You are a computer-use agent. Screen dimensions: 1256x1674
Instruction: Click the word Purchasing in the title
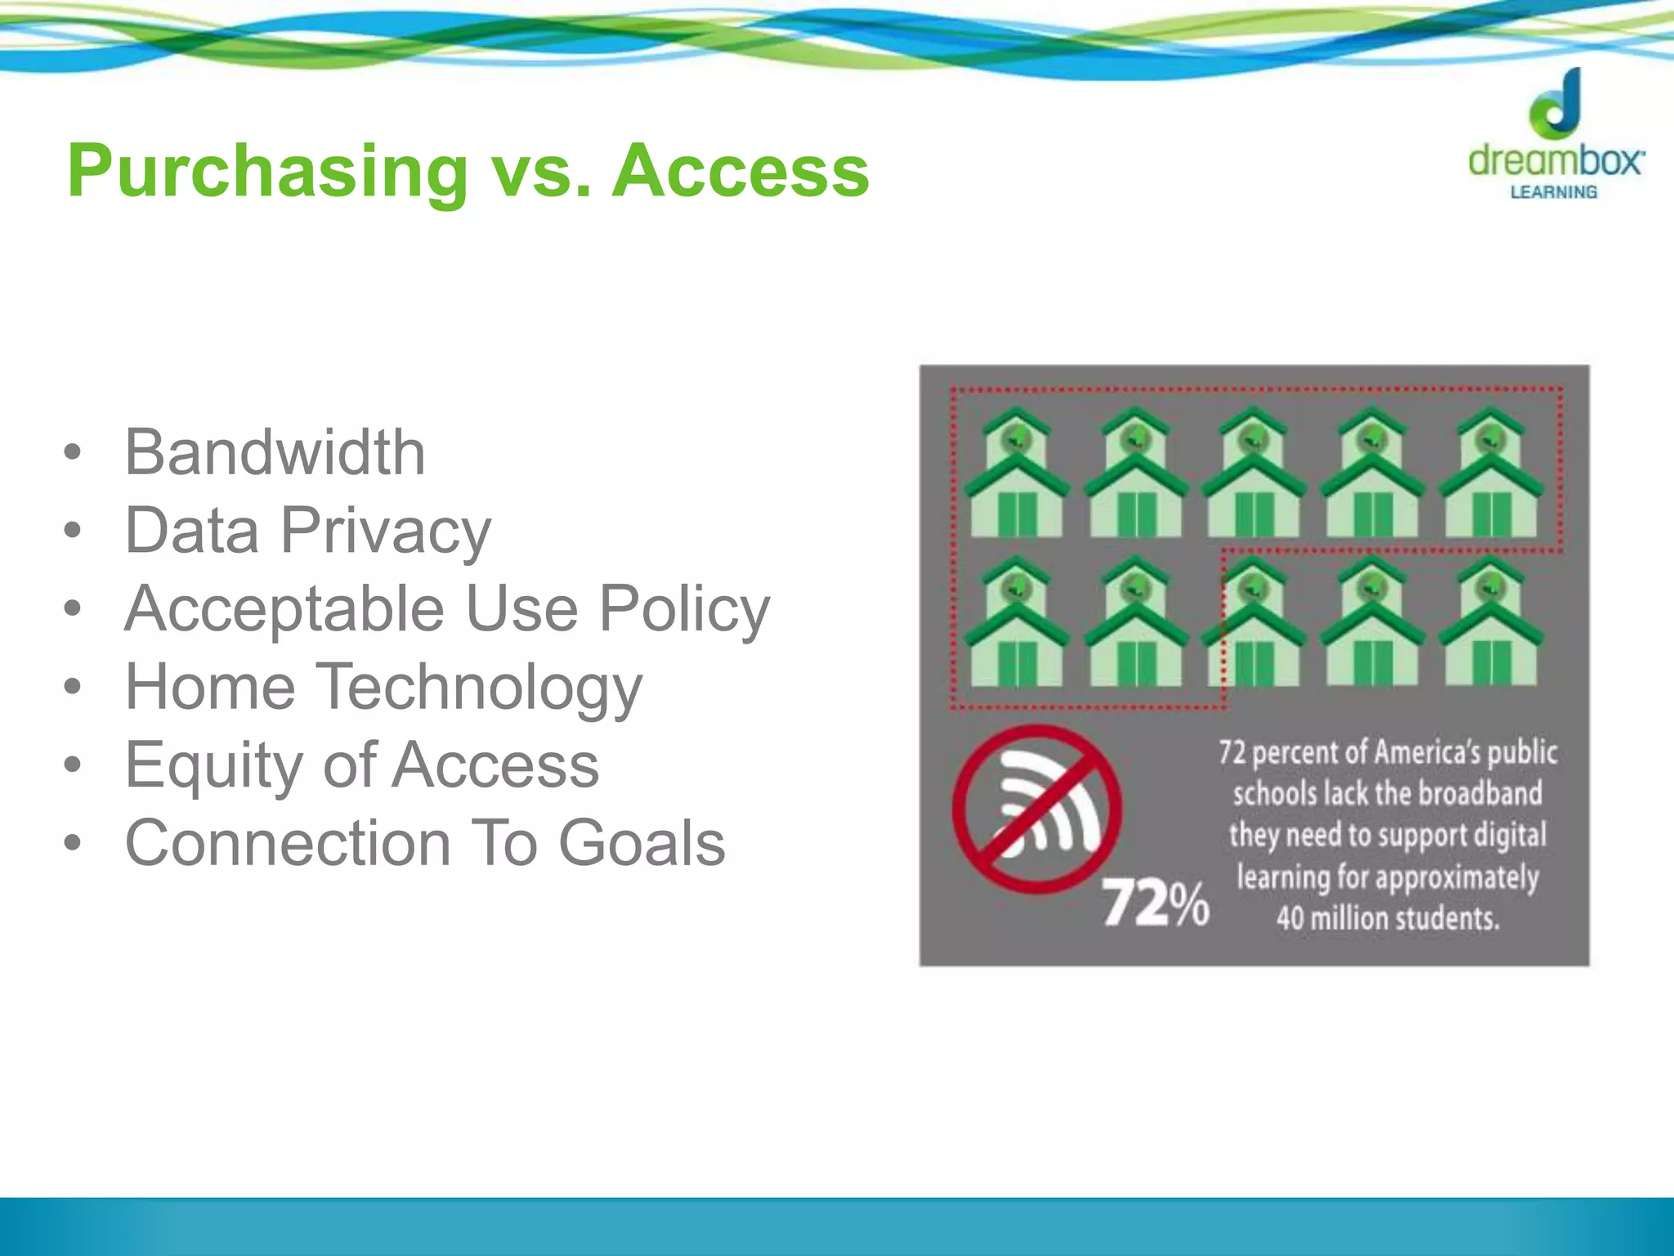(267, 172)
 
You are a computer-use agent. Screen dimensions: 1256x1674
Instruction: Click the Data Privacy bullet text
(307, 531)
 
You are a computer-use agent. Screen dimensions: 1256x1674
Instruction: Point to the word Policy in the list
(684, 609)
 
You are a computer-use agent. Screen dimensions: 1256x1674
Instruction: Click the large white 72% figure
(1155, 904)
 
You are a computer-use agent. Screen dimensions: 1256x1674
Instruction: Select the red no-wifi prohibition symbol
(1036, 809)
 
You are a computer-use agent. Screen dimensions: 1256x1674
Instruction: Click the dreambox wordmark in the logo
(1555, 160)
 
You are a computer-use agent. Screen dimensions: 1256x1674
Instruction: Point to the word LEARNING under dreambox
(1553, 192)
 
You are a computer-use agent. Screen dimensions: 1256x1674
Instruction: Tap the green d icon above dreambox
(1558, 104)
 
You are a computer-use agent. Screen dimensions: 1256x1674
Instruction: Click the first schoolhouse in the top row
(1016, 474)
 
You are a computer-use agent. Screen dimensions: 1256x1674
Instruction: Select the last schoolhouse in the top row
(1491, 474)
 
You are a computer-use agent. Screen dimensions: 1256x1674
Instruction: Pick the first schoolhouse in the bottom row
(1016, 622)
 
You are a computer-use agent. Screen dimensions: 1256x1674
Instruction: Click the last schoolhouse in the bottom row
(1491, 622)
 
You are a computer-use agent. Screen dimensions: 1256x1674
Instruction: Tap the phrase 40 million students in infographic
(1388, 918)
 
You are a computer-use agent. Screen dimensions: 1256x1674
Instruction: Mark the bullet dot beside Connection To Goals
(73, 843)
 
